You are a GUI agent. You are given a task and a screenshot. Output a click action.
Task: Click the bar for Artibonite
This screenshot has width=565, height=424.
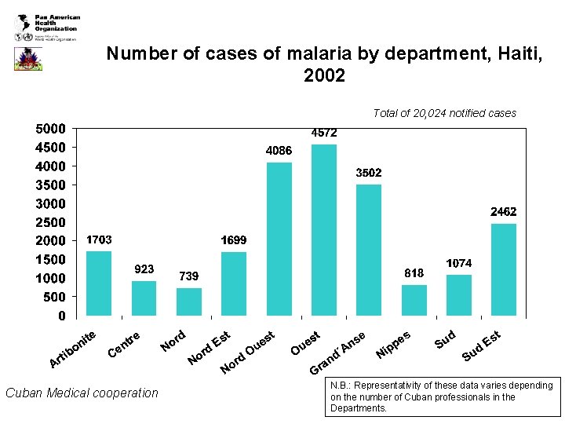click(99, 283)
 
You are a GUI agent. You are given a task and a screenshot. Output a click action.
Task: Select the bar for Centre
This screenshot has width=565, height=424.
click(144, 298)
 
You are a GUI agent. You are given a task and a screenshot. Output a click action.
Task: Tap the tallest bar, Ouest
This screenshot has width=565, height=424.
click(324, 230)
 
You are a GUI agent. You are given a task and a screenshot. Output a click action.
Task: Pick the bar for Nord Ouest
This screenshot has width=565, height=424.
click(279, 239)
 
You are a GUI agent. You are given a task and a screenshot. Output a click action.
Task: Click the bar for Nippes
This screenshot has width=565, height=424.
click(414, 301)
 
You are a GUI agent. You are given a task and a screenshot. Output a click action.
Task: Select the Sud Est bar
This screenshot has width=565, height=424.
click(504, 269)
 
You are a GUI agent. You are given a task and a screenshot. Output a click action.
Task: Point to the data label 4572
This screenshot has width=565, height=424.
click(324, 133)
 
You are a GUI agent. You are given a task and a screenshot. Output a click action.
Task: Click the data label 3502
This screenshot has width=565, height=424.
click(369, 173)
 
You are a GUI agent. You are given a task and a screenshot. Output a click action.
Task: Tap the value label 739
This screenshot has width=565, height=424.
click(188, 276)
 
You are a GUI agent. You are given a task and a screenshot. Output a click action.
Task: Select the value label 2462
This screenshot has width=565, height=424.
click(504, 212)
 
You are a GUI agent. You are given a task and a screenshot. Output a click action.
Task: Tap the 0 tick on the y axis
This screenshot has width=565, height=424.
click(61, 316)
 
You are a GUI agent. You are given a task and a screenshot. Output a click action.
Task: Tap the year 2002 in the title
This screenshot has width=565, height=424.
click(323, 76)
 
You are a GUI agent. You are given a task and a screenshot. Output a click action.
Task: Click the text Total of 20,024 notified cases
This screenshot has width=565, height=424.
click(444, 113)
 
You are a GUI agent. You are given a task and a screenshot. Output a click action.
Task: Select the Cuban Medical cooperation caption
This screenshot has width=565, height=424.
click(82, 393)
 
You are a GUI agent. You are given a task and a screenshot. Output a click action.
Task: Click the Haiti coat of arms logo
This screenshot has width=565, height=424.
click(27, 59)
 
